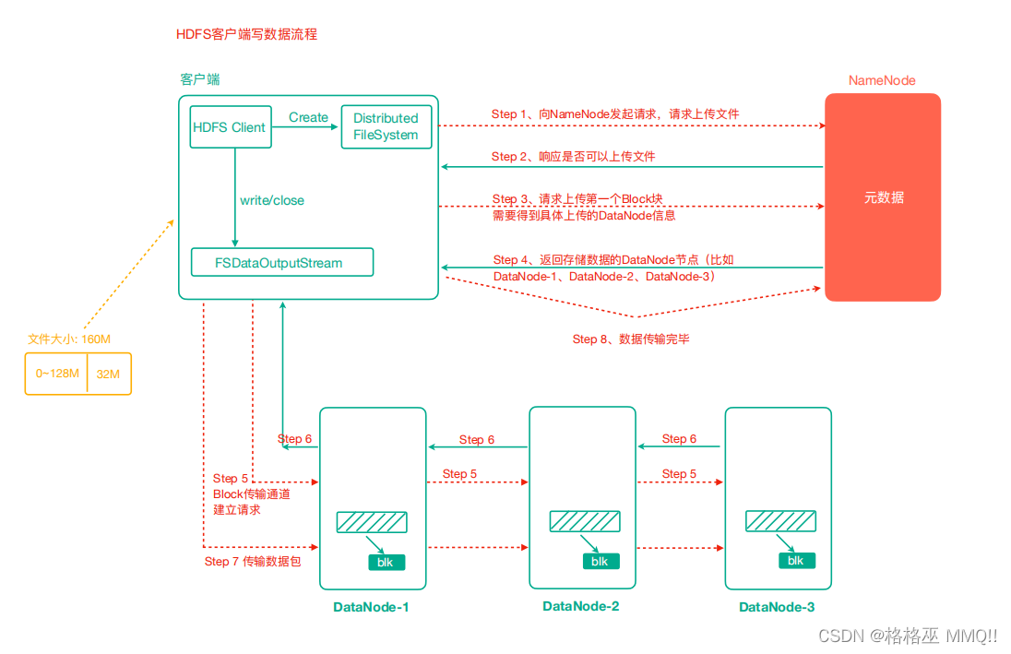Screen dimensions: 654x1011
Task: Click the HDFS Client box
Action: [x=230, y=127]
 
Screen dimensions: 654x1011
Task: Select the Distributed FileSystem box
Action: [x=386, y=127]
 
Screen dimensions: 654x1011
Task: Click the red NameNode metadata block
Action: [x=882, y=197]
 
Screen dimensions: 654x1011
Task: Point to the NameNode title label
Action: [x=882, y=80]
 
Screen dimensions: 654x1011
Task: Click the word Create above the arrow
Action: [x=308, y=117]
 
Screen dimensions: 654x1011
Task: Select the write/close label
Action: [x=271, y=200]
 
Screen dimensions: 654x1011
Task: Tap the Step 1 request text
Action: [x=614, y=113]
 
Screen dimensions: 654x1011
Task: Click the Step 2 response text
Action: [x=573, y=157]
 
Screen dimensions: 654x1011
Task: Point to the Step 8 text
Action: [x=631, y=339]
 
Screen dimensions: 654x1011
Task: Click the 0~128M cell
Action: [x=56, y=374]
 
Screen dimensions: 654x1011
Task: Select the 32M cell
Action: [x=109, y=374]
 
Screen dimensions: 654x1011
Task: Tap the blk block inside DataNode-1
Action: [x=384, y=562]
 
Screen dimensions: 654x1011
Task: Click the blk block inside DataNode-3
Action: [x=795, y=561]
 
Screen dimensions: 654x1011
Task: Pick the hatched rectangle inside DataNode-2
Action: [x=585, y=521]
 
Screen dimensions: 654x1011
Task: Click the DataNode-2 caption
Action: [x=580, y=606]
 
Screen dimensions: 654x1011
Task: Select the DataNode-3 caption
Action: [x=777, y=607]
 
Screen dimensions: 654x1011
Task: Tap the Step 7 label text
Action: [x=252, y=561]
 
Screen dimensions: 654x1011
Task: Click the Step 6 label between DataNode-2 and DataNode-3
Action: [x=679, y=439]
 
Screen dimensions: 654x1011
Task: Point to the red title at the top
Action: [x=246, y=34]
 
